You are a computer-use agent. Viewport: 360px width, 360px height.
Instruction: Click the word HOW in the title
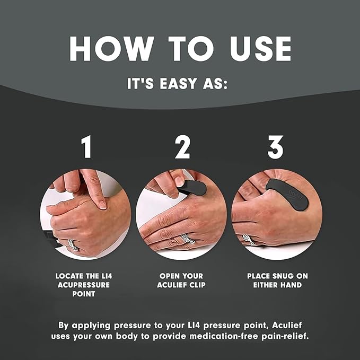coord(112,49)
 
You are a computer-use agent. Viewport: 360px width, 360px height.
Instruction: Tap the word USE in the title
coord(260,49)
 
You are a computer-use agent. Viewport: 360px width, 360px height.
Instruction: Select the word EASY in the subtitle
coord(178,83)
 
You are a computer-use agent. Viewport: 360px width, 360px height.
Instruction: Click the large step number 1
coord(86,147)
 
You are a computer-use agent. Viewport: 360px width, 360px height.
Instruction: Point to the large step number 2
coord(182,147)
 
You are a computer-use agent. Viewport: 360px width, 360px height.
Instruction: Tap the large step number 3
coord(276,147)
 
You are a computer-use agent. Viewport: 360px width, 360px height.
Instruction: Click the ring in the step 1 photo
coord(73,245)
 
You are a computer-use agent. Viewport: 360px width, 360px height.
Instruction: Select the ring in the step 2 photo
coord(188,239)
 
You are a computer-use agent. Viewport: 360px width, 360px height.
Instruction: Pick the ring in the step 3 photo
coord(248,240)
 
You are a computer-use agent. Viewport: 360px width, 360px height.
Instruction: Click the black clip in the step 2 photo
coord(192,187)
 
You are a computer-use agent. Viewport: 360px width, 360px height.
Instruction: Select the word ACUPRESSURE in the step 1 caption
coord(84,285)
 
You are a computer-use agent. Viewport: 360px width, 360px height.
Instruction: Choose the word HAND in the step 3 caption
coord(291,285)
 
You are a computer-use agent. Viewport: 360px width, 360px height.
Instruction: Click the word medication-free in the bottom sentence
coord(224,336)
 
